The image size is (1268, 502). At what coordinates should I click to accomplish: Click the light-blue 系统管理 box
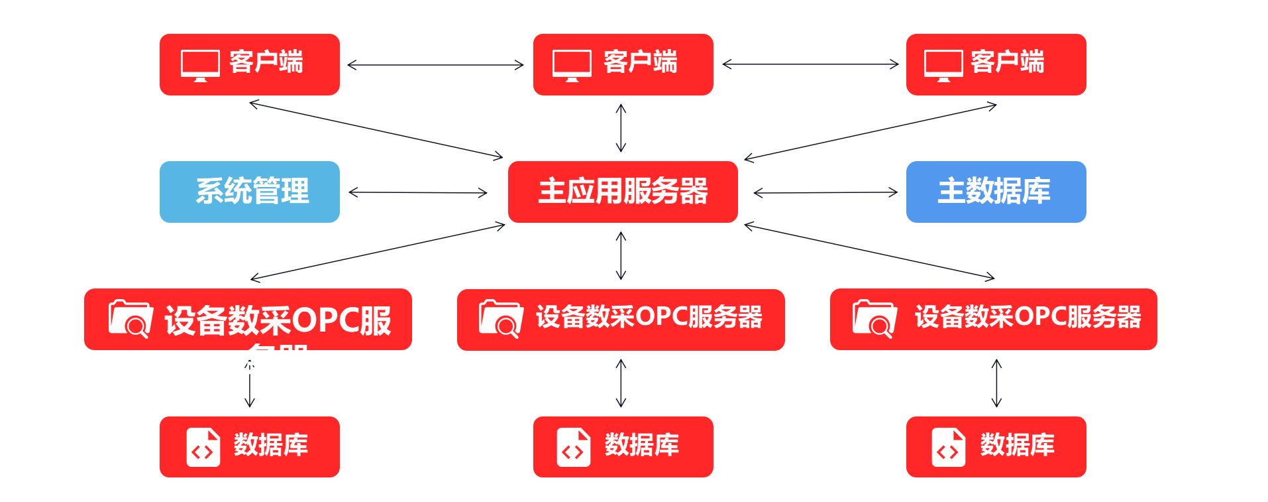click(249, 192)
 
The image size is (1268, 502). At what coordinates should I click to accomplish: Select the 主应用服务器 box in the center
click(622, 192)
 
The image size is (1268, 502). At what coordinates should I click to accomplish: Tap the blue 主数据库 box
click(995, 192)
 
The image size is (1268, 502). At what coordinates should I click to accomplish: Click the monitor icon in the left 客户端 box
click(200, 65)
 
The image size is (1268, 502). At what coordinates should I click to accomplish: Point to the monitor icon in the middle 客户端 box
click(572, 65)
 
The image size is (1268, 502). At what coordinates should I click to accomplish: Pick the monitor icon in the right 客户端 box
click(943, 65)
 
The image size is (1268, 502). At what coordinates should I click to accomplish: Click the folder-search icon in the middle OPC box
click(501, 319)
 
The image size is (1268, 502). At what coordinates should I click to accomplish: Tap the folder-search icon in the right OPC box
click(874, 318)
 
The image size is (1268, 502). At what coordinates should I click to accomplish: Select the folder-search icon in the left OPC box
click(130, 318)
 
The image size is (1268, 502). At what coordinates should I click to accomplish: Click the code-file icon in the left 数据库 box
click(203, 447)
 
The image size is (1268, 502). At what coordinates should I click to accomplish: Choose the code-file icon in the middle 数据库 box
click(573, 447)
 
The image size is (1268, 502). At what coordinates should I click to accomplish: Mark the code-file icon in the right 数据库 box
click(948, 447)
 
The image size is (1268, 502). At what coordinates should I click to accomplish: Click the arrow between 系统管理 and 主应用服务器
click(417, 193)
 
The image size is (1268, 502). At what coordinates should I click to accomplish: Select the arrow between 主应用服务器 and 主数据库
click(825, 193)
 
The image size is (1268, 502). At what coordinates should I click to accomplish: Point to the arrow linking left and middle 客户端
click(435, 65)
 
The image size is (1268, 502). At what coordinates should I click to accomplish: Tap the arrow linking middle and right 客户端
click(810, 64)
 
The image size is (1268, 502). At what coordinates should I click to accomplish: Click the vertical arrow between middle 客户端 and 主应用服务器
click(621, 128)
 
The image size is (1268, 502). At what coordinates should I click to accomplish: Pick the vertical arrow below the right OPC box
click(996, 383)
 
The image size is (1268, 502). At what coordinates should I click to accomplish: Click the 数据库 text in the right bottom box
click(1017, 445)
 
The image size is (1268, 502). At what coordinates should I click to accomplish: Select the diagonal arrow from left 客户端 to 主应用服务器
click(376, 130)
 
